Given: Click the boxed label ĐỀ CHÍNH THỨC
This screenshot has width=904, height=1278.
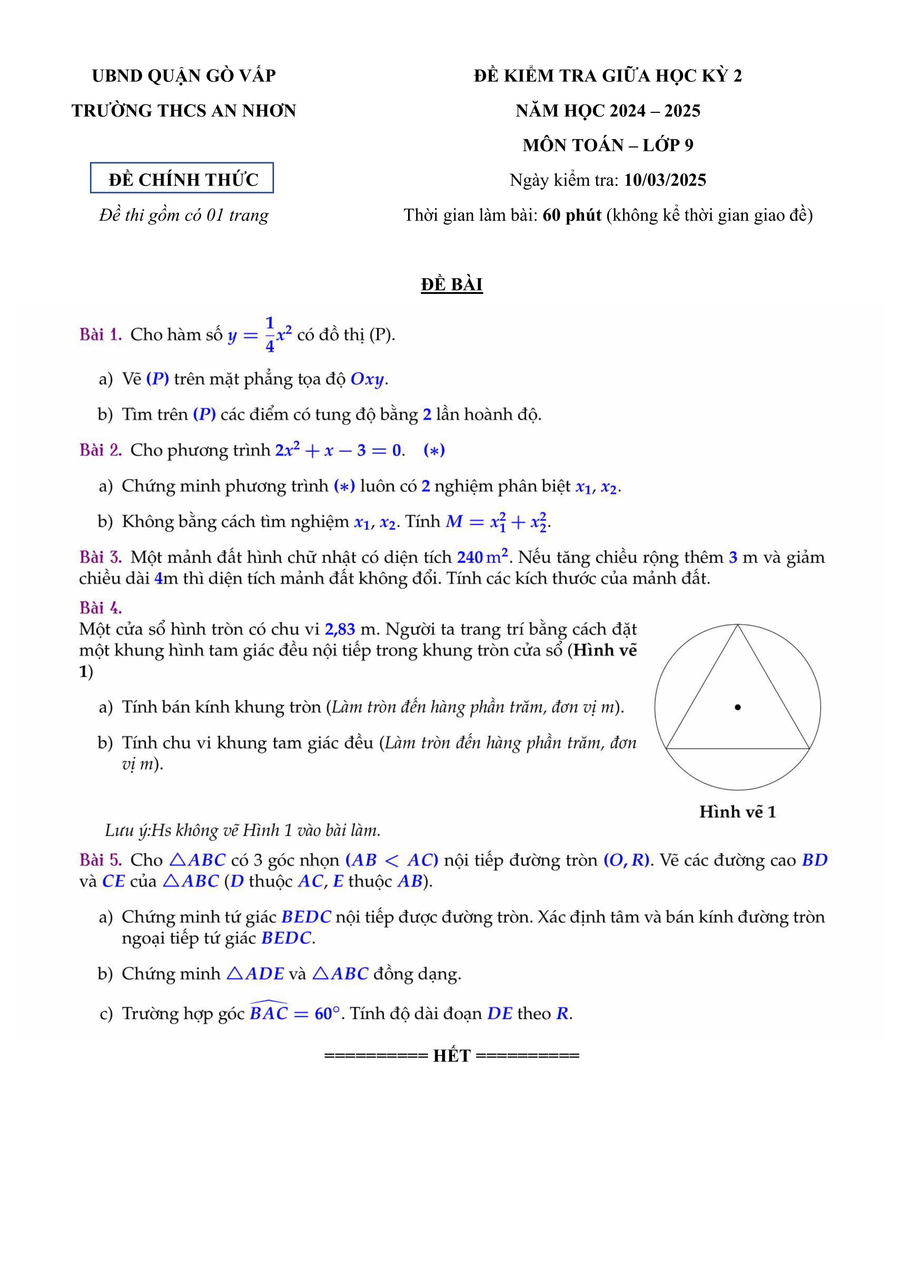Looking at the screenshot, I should coord(182,179).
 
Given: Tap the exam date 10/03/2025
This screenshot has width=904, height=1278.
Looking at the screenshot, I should coord(665,180).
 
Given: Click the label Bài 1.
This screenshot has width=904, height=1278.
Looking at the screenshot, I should coord(100,335).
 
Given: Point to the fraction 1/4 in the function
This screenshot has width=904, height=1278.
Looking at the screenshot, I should coord(270,335).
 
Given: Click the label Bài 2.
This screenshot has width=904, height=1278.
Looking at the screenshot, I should coord(100,450).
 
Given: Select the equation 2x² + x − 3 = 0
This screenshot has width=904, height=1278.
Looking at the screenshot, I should coord(338,450).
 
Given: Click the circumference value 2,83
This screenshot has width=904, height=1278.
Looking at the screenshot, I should coord(340,629).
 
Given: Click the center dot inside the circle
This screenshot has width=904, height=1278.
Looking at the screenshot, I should coord(737,707).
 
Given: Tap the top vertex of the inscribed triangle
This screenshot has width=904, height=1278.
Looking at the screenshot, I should coord(737,626).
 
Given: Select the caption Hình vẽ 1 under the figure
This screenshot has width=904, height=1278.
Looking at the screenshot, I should coord(737,812).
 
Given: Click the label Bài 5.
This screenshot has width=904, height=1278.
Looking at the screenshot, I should coord(100,860).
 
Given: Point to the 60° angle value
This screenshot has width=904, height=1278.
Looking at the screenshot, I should coord(327,1014).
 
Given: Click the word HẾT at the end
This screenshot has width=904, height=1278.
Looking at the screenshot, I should coord(452,1056).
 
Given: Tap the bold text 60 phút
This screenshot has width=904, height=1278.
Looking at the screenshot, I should coord(572,215).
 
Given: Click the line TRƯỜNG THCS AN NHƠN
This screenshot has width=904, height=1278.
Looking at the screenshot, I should coord(184,111).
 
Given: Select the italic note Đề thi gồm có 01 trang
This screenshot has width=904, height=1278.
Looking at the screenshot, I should coord(184,215).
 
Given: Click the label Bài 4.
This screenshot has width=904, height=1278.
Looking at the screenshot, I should coord(100,607).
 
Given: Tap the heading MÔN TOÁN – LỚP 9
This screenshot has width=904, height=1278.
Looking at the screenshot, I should coord(608,145).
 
